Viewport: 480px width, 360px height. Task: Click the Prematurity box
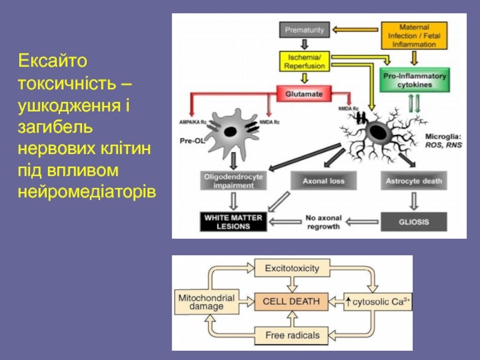click(305, 30)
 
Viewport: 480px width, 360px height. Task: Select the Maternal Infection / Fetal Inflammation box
click(412, 36)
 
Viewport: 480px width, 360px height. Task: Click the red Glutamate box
click(304, 94)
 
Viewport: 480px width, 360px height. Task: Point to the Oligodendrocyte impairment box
click(232, 181)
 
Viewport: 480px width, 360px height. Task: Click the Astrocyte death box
click(414, 180)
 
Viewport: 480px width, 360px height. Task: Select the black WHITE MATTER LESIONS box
click(232, 222)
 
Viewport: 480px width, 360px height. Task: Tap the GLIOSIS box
click(414, 222)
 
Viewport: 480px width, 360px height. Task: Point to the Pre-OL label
click(189, 142)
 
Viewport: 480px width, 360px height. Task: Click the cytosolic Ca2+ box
click(378, 301)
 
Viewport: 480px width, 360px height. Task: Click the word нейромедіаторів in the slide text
click(87, 191)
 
